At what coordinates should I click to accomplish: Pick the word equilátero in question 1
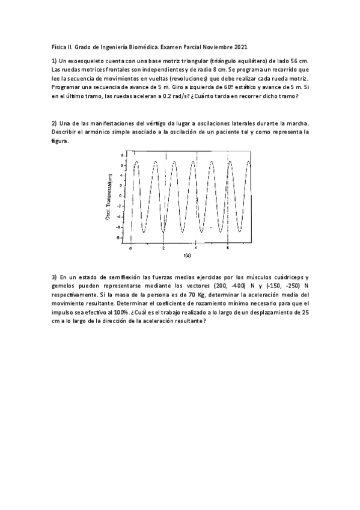[243, 61]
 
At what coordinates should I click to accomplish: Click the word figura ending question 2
[59, 142]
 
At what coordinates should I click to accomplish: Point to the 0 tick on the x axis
[130, 247]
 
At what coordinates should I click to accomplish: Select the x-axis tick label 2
[163, 247]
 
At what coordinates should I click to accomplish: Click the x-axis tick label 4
[196, 247]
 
